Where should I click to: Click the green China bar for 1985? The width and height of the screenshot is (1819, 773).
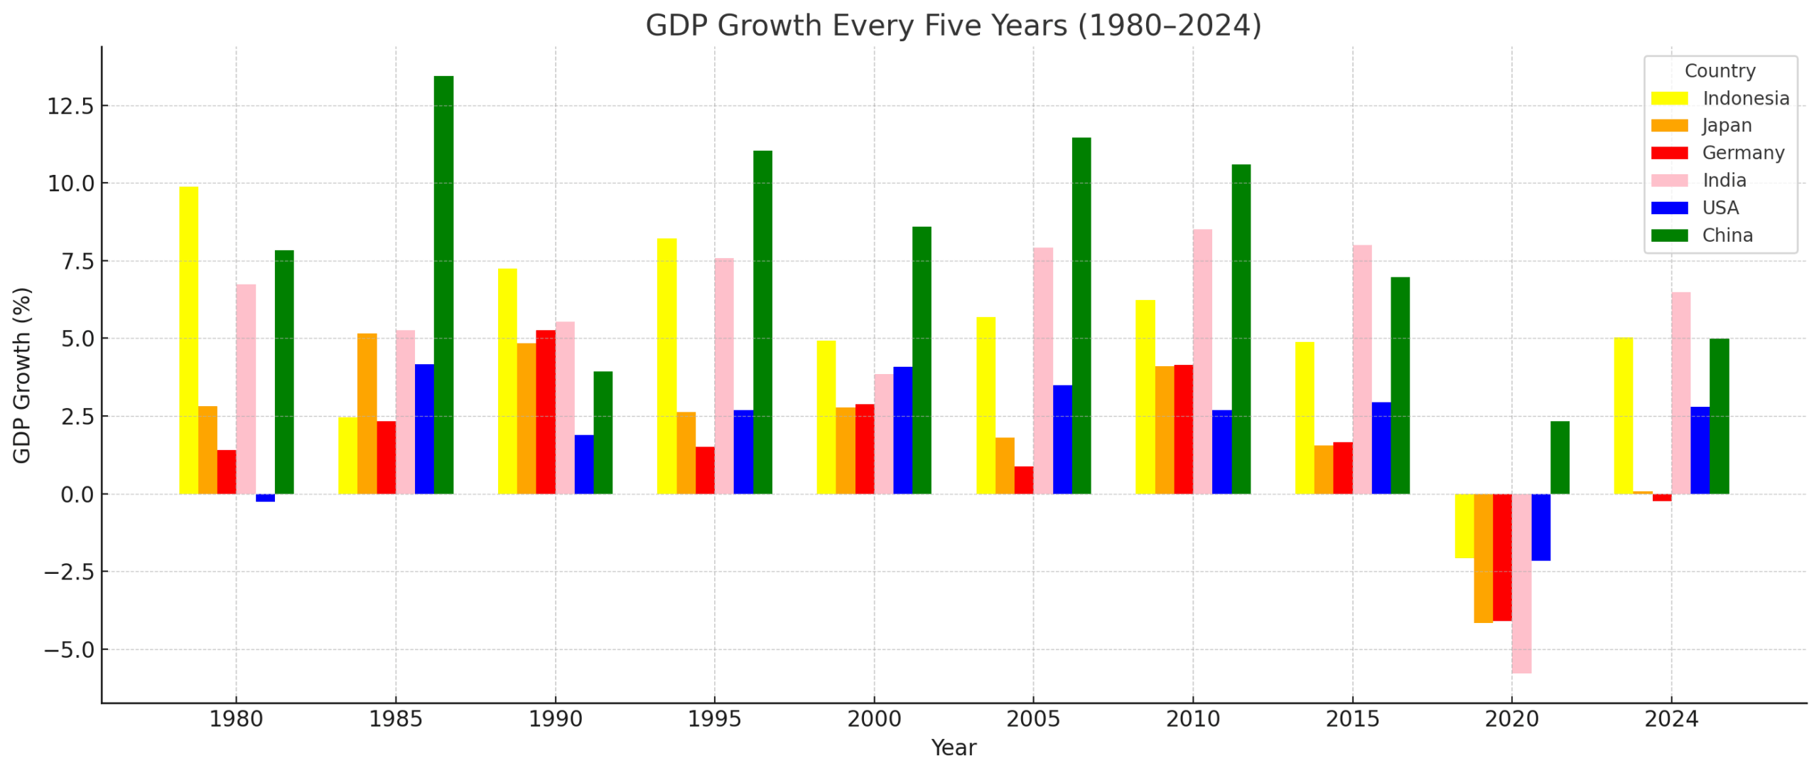click(443, 284)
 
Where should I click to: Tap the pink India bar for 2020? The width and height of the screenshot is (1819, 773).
click(1521, 583)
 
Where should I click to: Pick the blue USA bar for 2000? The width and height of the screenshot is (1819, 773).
click(902, 430)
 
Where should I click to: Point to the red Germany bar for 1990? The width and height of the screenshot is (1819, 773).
click(546, 412)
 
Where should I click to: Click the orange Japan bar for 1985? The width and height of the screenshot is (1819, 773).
click(367, 413)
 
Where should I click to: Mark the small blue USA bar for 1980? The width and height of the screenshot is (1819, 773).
click(265, 498)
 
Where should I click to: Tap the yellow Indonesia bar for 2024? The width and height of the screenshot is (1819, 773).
click(1623, 415)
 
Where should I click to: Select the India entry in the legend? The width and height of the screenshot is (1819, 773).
click(1724, 181)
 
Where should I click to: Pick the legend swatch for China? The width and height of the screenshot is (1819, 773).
click(1669, 235)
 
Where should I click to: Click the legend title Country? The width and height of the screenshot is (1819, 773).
click(1720, 71)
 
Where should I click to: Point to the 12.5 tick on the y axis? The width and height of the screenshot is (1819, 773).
click(70, 107)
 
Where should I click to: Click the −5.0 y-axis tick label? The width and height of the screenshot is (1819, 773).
click(69, 650)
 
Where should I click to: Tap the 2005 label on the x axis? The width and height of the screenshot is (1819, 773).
click(1032, 720)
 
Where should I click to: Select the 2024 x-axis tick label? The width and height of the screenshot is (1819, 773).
click(1670, 720)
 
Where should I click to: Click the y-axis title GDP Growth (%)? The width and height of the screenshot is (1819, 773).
click(22, 375)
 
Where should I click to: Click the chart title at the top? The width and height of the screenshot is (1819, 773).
click(953, 26)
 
